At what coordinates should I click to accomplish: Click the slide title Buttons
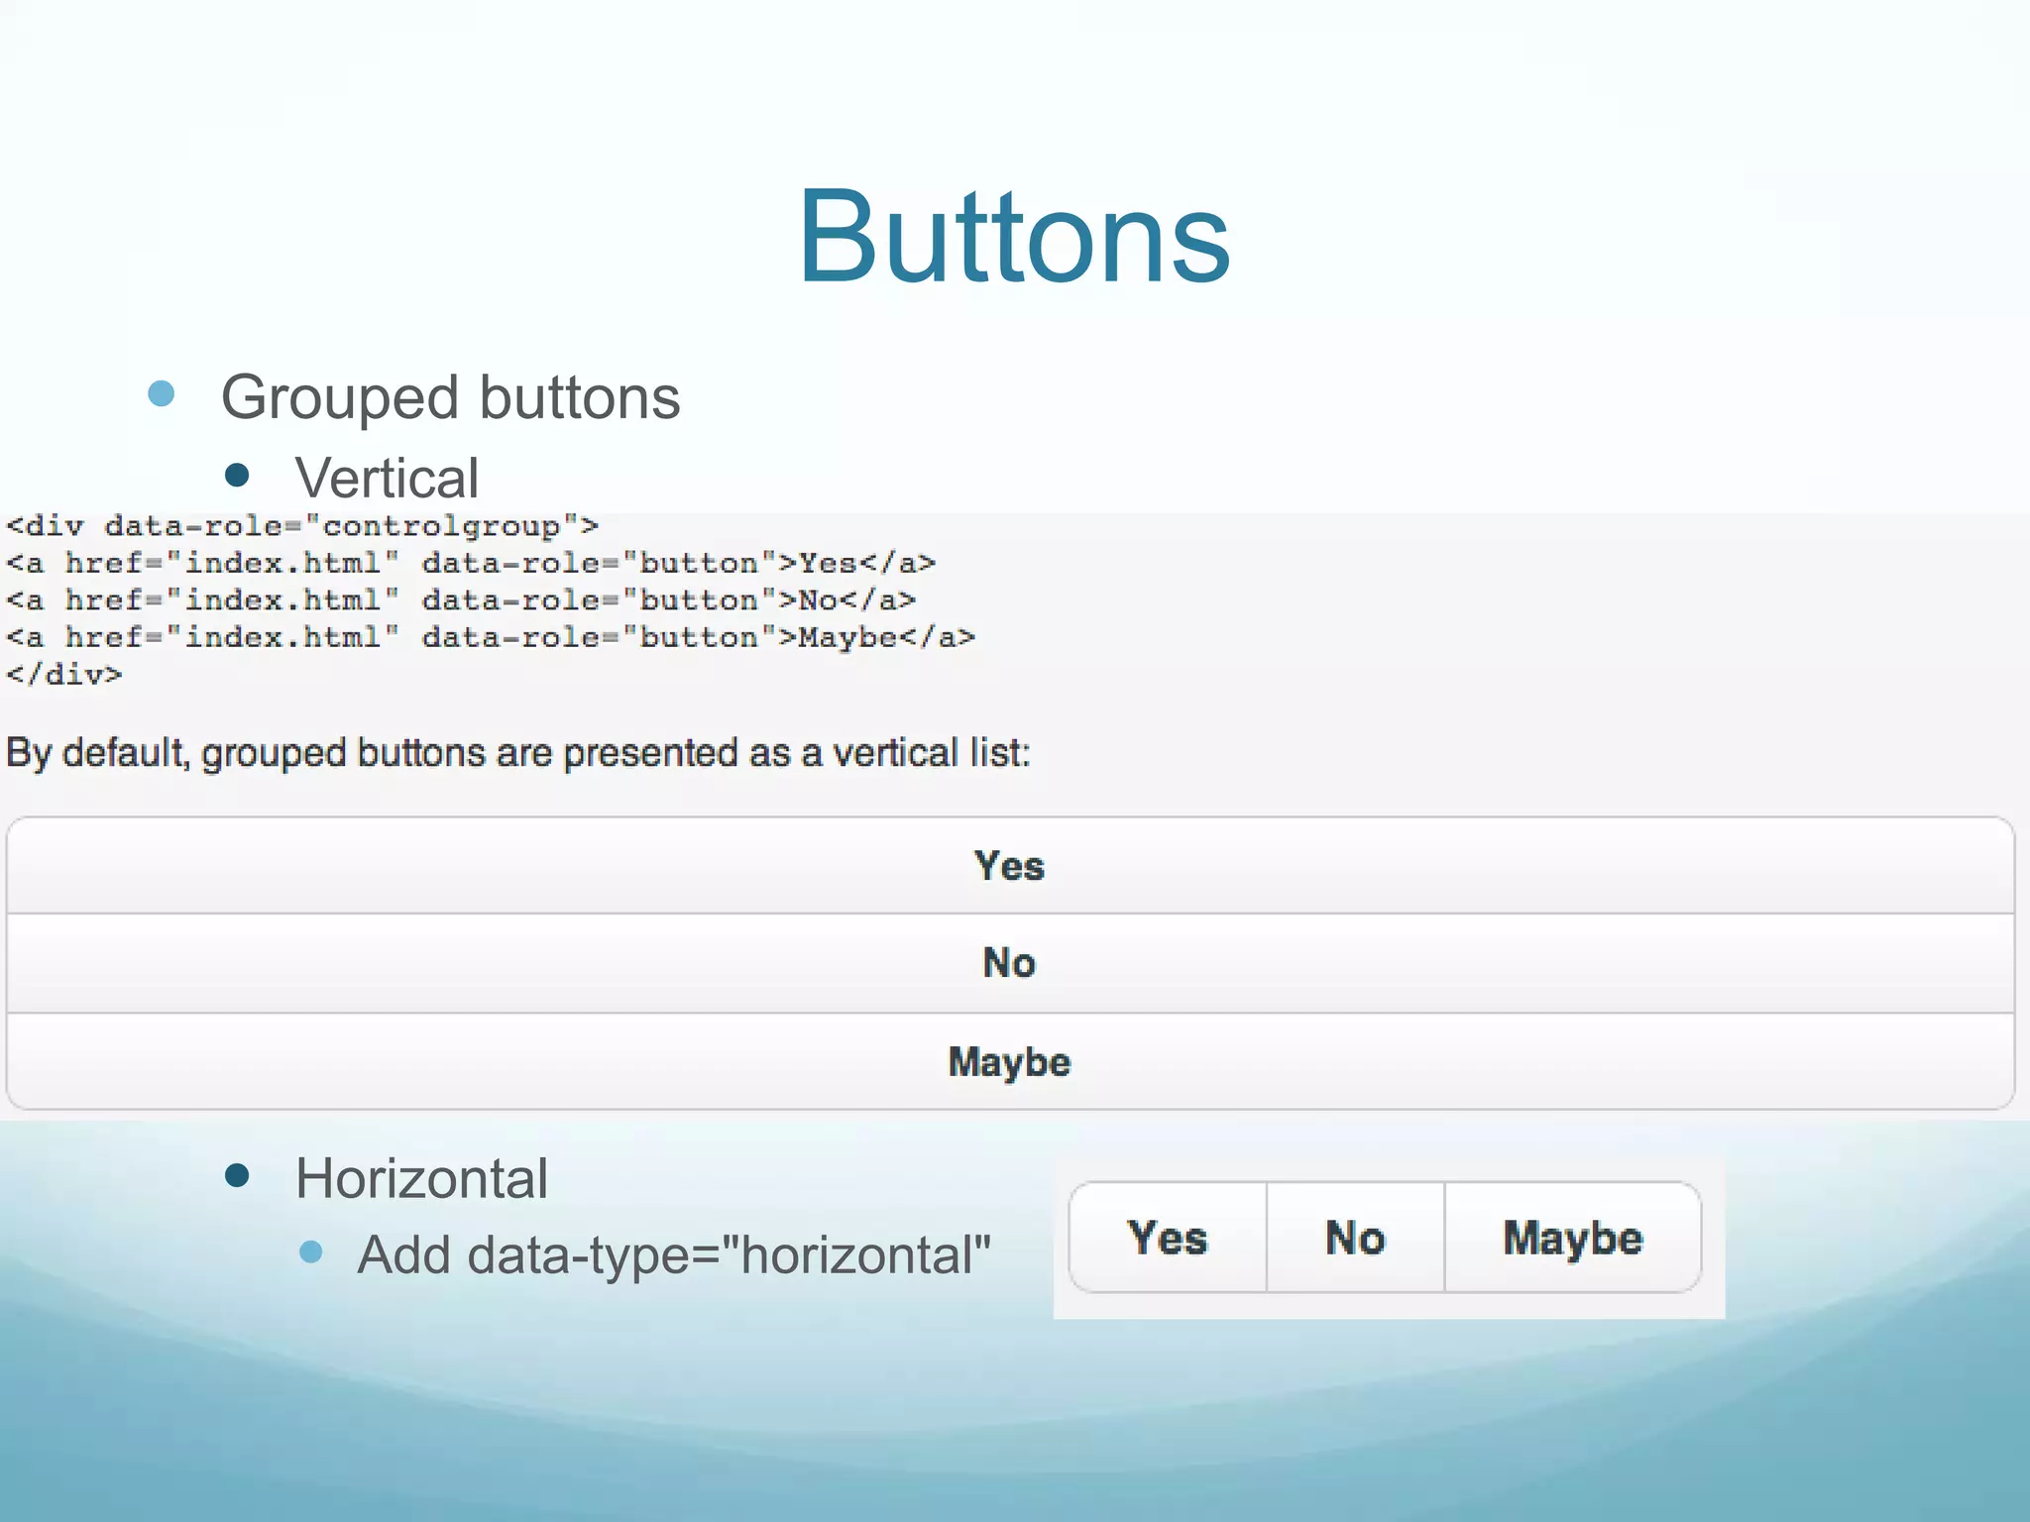coord(1013,239)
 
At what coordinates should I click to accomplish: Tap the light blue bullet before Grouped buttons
coord(161,394)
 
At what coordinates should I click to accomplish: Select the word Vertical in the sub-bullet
coord(387,479)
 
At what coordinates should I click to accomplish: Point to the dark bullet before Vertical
coord(237,476)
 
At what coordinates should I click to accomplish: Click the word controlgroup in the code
coord(441,526)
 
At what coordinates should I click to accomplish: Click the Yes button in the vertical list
coord(1009,866)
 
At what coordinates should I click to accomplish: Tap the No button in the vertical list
coord(1009,963)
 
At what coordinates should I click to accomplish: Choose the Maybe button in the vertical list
coord(1009,1062)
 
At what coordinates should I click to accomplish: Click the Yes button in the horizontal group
coord(1168,1239)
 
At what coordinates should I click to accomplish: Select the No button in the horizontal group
coord(1355,1239)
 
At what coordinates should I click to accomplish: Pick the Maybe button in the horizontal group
coord(1573,1239)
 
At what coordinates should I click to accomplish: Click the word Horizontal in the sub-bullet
coord(421,1179)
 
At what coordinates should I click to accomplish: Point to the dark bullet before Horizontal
coord(237,1176)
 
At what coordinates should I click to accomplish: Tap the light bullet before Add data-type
coord(311,1251)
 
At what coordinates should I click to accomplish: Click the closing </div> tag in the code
coord(64,675)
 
